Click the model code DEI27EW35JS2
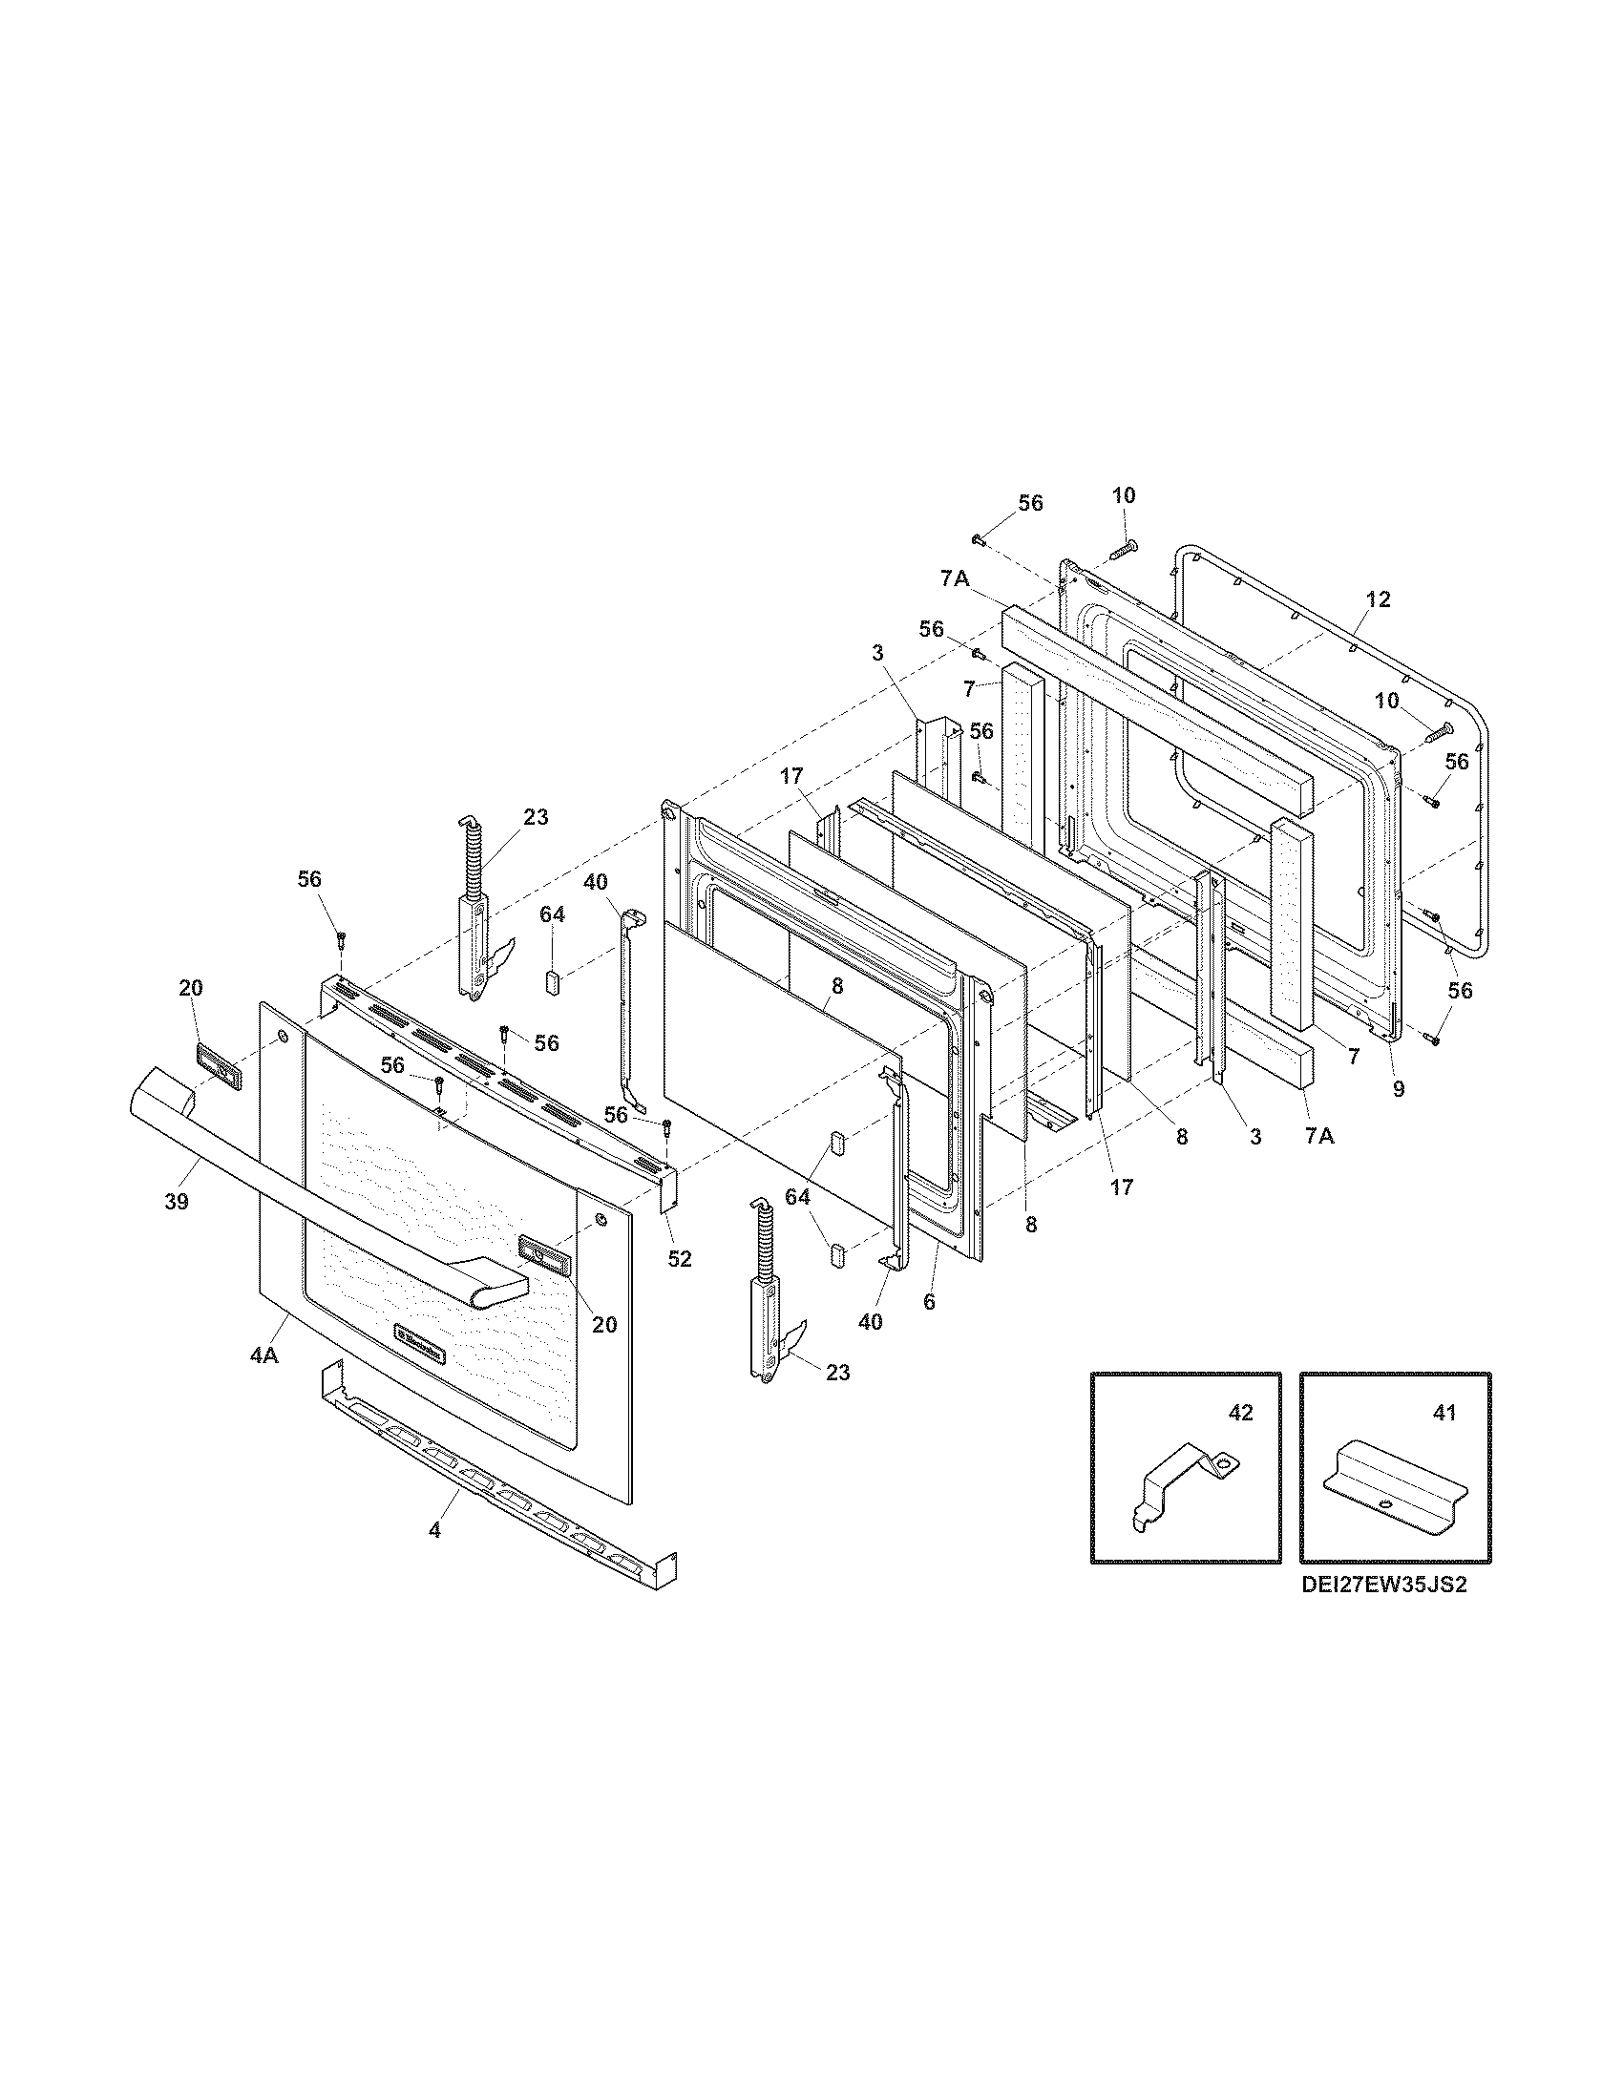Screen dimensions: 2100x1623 1383,1585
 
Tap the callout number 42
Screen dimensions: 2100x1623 1240,1413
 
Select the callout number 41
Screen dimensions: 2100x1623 1444,1413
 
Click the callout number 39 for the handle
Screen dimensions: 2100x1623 176,1201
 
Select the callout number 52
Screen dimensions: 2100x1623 679,1259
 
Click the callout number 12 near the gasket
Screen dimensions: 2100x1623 1378,600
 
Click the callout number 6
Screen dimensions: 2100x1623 928,1303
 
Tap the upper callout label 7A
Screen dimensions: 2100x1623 954,578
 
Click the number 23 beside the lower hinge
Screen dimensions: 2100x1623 837,1373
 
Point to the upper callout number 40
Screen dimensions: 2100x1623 594,881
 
